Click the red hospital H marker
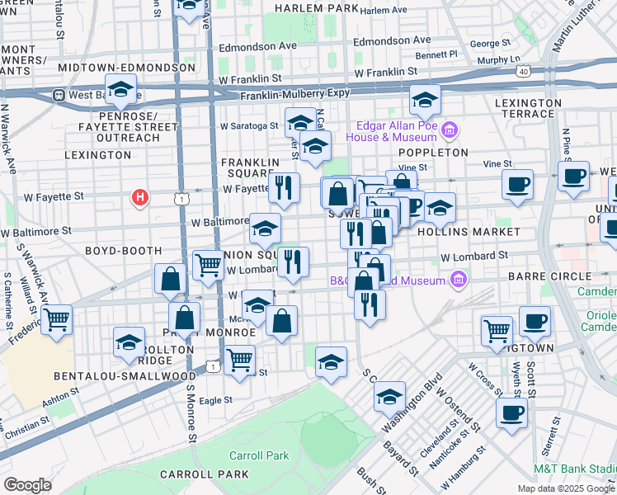click(x=141, y=198)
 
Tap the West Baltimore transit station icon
click(x=59, y=95)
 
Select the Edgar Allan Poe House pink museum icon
click(x=450, y=130)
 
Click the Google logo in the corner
click(x=28, y=485)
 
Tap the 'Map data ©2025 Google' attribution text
click(x=566, y=488)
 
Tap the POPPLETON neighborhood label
click(x=433, y=153)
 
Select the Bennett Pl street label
click(x=436, y=54)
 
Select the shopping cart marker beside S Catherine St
click(x=56, y=319)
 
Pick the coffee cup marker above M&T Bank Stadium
click(x=511, y=413)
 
